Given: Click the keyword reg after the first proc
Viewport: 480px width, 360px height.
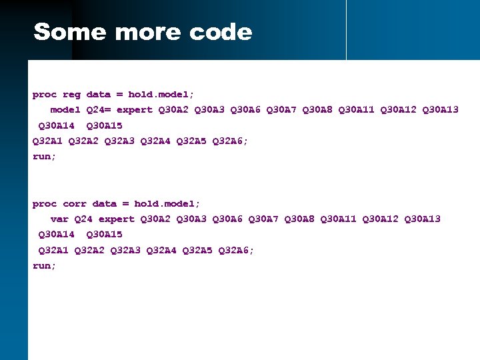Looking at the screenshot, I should [71, 95].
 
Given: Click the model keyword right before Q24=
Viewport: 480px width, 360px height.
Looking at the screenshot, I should [65, 109].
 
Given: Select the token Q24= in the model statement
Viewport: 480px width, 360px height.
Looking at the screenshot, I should [99, 109].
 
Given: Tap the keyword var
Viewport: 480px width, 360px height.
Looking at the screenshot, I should [59, 219].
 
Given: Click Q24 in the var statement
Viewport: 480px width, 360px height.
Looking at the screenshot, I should [83, 219].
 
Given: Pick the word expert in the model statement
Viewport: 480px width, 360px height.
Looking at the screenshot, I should [135, 109].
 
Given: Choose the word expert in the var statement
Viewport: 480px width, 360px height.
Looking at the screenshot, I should [117, 219].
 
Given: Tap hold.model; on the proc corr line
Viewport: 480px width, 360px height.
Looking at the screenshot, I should [167, 203].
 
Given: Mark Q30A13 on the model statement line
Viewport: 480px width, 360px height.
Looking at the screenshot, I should [440, 109].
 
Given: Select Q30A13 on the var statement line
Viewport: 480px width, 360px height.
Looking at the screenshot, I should [422, 219].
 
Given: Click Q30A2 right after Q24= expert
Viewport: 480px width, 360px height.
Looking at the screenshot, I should [173, 109].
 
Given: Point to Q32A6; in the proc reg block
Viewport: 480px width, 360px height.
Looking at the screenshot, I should [230, 141].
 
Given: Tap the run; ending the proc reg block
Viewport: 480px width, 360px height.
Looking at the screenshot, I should [45, 156].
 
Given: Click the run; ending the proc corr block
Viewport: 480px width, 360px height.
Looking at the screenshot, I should [45, 265].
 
